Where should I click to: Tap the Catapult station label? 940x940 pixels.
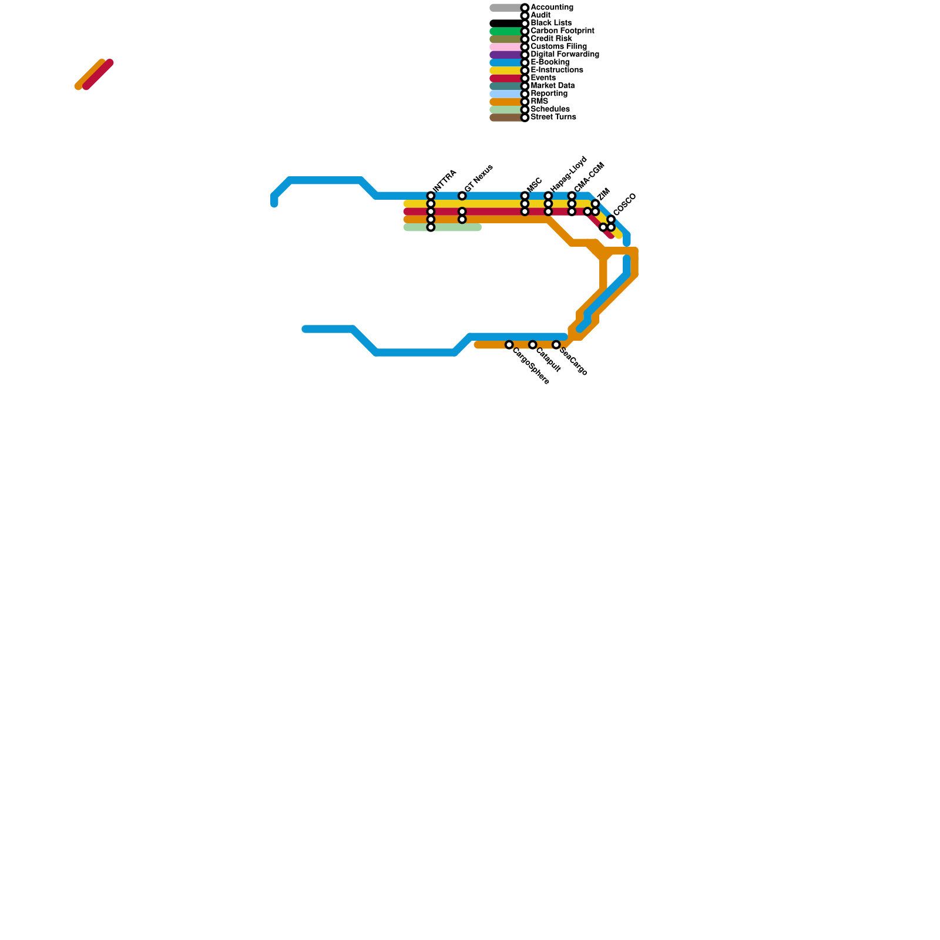pos(549,360)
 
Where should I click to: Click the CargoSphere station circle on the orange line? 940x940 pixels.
pos(509,345)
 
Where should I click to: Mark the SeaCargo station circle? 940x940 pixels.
pos(556,345)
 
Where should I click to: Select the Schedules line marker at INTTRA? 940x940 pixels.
pos(431,227)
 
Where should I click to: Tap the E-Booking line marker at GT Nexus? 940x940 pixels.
pos(462,196)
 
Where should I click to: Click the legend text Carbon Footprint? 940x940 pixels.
pos(562,31)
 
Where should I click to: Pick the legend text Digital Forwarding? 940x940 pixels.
pos(565,55)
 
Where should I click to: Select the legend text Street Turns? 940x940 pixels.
pos(553,117)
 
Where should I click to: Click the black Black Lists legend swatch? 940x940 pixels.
pos(505,23)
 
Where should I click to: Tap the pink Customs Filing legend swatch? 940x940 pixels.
pos(505,47)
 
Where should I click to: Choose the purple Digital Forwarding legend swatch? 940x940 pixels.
pos(505,55)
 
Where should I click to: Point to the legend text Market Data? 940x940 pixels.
pos(552,86)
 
